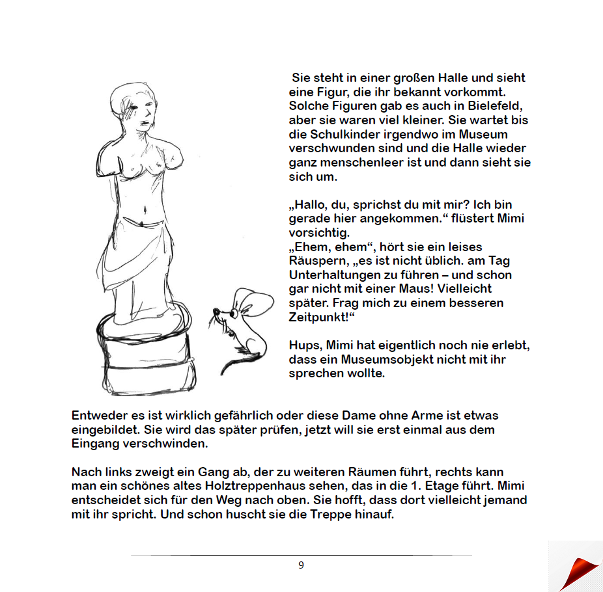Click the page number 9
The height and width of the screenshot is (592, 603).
[x=301, y=565]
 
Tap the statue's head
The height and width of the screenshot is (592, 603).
[x=135, y=105]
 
